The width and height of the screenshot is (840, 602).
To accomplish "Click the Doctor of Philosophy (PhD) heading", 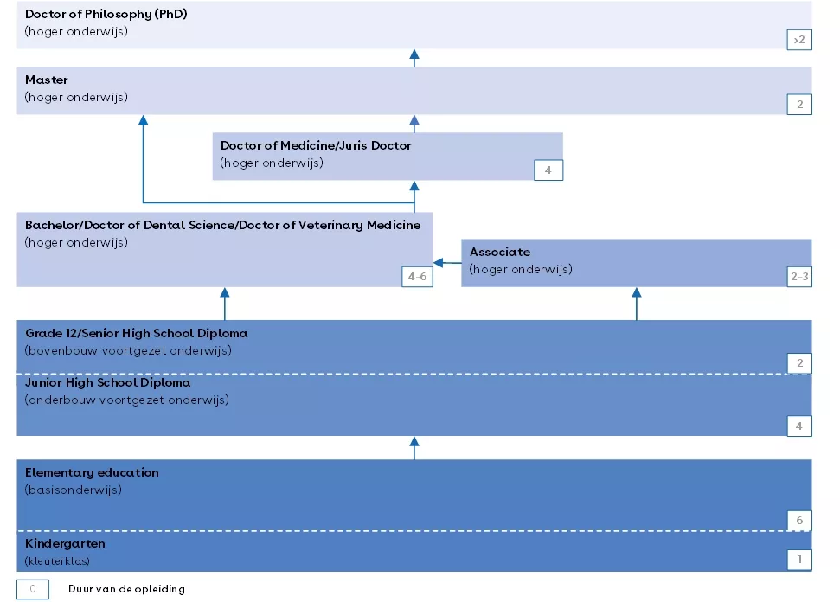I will click(106, 15).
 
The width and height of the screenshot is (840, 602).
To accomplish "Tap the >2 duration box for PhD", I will click(798, 40).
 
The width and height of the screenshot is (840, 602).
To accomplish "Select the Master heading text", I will click(47, 80).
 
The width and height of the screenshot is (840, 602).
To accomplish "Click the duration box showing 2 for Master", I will click(798, 105).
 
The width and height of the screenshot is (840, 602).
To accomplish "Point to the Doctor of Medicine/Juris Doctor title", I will click(316, 145).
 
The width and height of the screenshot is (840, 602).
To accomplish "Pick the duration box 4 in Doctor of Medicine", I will click(548, 170).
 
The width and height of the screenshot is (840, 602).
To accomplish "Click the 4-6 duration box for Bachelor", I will click(417, 277).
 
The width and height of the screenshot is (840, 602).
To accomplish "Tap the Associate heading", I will click(500, 252).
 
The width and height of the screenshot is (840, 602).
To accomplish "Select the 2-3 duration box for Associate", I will click(798, 277).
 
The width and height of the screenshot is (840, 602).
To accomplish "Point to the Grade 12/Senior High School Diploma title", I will click(136, 333).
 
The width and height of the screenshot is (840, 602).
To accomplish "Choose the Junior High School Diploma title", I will click(108, 382).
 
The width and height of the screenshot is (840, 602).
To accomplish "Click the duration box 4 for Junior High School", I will click(798, 426).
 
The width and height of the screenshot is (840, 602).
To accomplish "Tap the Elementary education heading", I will click(92, 472).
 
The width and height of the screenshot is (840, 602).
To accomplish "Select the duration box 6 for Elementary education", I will click(798, 520).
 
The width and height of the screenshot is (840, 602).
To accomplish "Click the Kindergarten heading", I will click(65, 544).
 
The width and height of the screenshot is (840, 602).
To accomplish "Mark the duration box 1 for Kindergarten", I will click(798, 560).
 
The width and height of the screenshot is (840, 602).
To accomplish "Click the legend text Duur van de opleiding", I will click(126, 589).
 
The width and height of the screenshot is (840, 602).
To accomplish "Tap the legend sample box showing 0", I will click(33, 589).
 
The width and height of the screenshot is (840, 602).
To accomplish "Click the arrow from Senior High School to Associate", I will click(637, 304).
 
